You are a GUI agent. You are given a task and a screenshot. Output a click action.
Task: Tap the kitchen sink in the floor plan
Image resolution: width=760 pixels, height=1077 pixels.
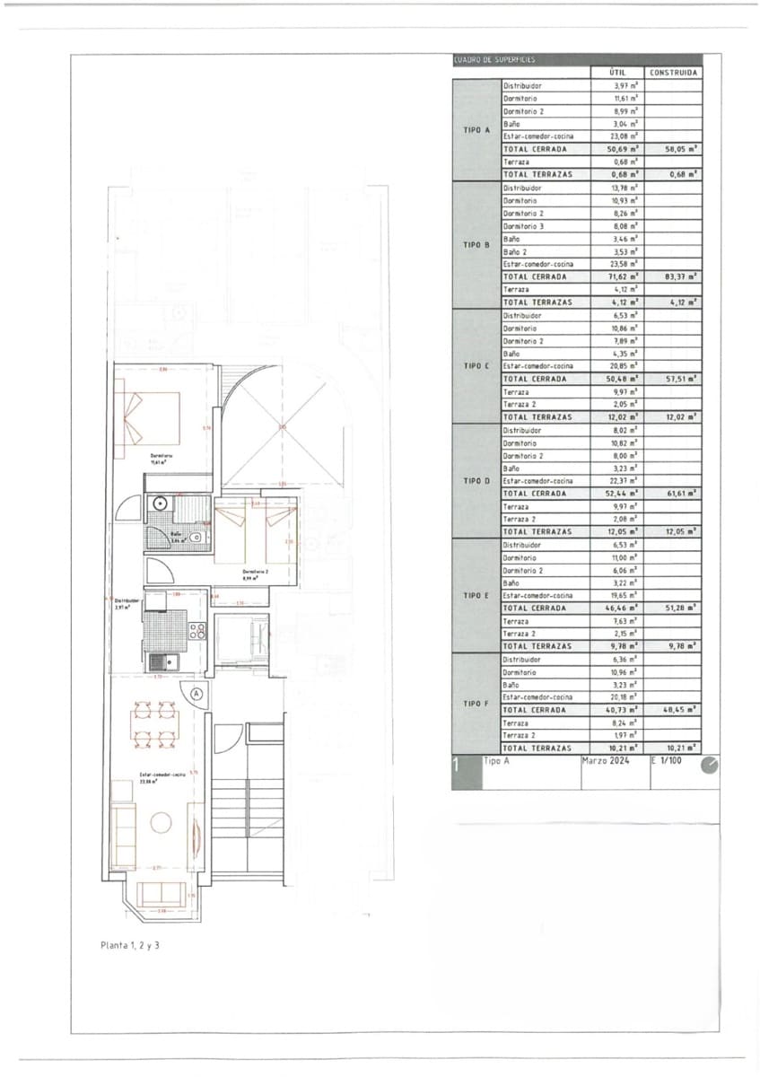tap(162, 662)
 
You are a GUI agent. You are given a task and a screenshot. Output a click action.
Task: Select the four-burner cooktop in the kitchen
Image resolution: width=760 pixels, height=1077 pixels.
tap(197, 629)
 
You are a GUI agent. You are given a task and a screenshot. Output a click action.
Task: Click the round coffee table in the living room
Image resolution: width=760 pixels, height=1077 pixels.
tap(161, 822)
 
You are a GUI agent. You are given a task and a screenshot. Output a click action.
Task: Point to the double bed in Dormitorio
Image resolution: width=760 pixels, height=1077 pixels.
tap(150, 419)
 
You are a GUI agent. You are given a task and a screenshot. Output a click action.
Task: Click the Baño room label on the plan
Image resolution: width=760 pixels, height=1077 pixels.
tap(177, 538)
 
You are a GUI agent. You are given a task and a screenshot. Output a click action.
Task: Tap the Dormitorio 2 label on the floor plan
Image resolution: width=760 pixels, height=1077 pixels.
tap(256, 574)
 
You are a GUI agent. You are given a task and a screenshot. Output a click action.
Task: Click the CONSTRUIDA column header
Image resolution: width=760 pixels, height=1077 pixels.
tap(674, 73)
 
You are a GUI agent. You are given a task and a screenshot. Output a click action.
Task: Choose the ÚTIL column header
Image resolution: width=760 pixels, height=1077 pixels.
tap(617, 73)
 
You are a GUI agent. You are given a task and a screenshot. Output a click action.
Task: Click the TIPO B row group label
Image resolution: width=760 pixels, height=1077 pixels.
tap(476, 245)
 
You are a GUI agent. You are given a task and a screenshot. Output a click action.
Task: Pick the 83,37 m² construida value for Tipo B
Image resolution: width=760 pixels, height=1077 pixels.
tap(674, 277)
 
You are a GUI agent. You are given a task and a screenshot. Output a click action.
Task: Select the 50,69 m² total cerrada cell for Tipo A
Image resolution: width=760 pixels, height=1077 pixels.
tap(617, 149)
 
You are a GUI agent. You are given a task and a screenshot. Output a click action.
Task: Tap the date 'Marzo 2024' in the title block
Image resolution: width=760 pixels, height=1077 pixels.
tap(607, 761)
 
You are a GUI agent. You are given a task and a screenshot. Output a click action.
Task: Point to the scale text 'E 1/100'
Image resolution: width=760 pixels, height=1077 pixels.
tap(667, 761)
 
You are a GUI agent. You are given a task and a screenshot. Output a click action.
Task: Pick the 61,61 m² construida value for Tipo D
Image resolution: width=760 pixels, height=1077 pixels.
tap(674, 494)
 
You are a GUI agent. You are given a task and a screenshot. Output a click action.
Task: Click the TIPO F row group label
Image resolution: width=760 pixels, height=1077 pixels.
tap(476, 704)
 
